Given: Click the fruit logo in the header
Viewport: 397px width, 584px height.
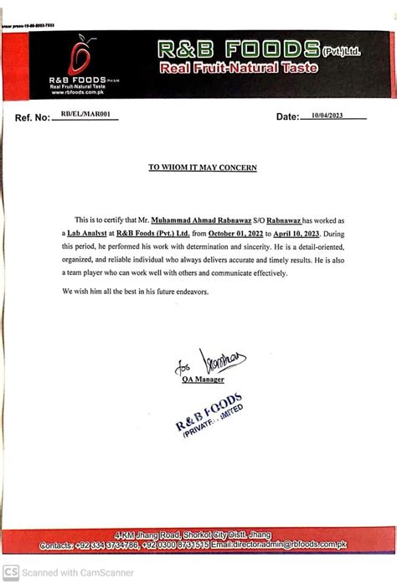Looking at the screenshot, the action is [x=80, y=56].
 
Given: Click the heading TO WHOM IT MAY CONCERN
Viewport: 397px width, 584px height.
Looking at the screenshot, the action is [x=203, y=168].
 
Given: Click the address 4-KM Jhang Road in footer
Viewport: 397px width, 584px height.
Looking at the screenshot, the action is [x=148, y=534].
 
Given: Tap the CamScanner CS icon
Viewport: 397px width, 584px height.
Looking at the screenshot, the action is [x=11, y=573].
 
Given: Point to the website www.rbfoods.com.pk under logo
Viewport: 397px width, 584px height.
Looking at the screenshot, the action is [x=77, y=92].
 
